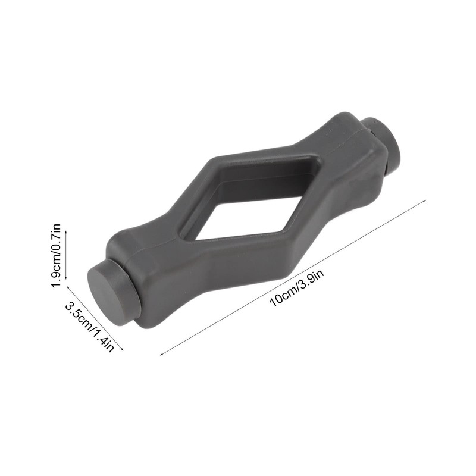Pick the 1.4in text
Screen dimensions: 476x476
pos(102,339)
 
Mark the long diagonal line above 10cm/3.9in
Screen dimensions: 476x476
pos(292,277)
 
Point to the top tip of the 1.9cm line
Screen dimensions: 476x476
pos(65,230)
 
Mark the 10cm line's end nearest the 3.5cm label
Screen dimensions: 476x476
pos(161,356)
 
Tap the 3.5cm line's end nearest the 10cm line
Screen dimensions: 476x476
pos(123,350)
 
